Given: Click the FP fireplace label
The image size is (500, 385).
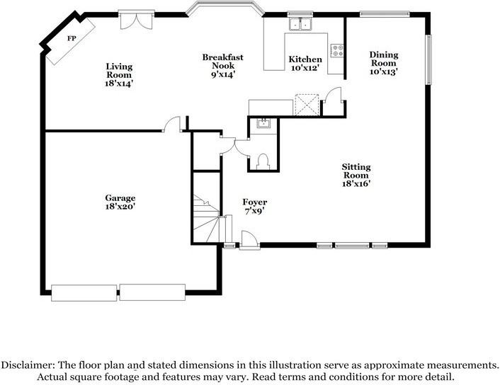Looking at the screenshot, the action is coord(72,38).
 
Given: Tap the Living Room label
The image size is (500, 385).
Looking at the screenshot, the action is coord(119,71).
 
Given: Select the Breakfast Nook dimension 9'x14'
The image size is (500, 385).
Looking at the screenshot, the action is coord(223,74).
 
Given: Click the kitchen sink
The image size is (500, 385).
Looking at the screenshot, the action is coord(300,23).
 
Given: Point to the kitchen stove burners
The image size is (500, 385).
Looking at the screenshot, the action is coord(337,51).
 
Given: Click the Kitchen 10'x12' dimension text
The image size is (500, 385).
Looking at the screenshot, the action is coord(305,68).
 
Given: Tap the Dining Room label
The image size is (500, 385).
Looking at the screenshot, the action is coord(384,59).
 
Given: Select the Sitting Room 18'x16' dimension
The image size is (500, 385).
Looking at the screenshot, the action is coord(356,184).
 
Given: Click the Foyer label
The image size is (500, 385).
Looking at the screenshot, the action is coord(255,202).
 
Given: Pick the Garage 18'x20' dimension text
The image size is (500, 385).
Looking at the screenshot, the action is coord(120,207).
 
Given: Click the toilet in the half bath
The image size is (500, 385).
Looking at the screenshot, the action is coord(263,161).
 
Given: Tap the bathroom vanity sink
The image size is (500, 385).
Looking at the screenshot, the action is coord(263,123).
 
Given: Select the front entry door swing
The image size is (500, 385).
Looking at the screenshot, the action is coord(249,239).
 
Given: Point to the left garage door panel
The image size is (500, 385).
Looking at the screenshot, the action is coord(84,293).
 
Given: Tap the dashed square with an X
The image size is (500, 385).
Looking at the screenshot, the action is coord(307,105).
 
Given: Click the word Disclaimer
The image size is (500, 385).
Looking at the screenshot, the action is coord(28,365).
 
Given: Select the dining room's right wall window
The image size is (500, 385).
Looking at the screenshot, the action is coord(429,59).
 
